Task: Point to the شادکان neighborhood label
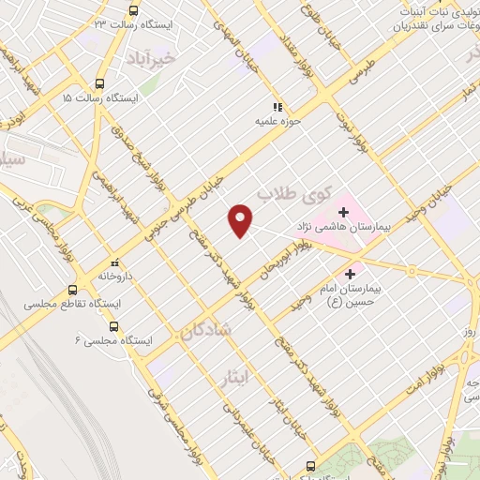tap(203, 330)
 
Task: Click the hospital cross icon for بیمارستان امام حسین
tap(352, 275)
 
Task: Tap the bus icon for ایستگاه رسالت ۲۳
tap(133, 11)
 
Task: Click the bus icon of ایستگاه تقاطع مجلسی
tap(73, 291)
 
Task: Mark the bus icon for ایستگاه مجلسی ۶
tap(113, 326)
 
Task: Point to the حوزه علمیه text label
tap(277, 121)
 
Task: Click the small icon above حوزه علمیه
tap(277, 107)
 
